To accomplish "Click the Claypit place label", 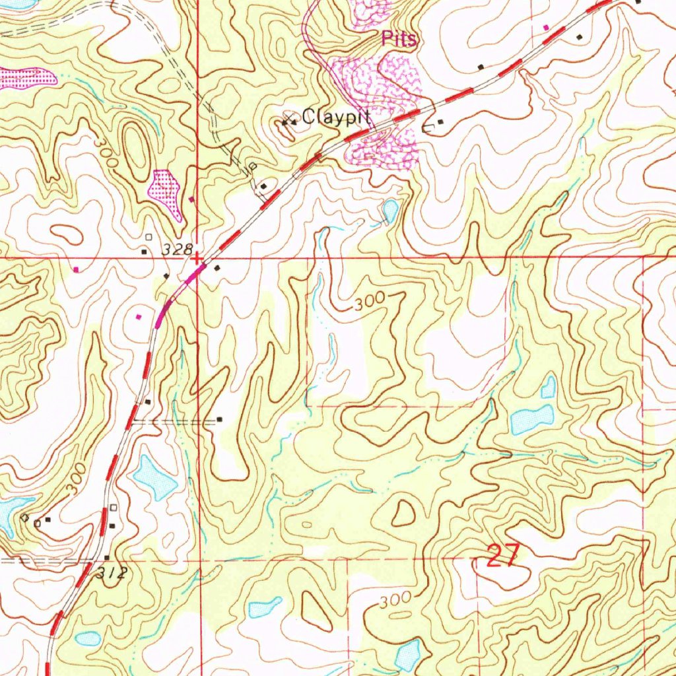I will point(335,118).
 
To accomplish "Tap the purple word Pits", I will point(399,40).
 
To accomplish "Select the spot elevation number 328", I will point(177,250).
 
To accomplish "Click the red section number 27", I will point(503,556).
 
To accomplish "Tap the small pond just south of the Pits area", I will point(390,211).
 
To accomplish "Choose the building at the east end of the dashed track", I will point(220,419).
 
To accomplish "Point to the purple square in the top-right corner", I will point(545,27).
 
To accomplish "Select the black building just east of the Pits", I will point(440,121).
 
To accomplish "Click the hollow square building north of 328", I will point(149,236).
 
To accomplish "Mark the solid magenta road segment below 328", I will point(173,294).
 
